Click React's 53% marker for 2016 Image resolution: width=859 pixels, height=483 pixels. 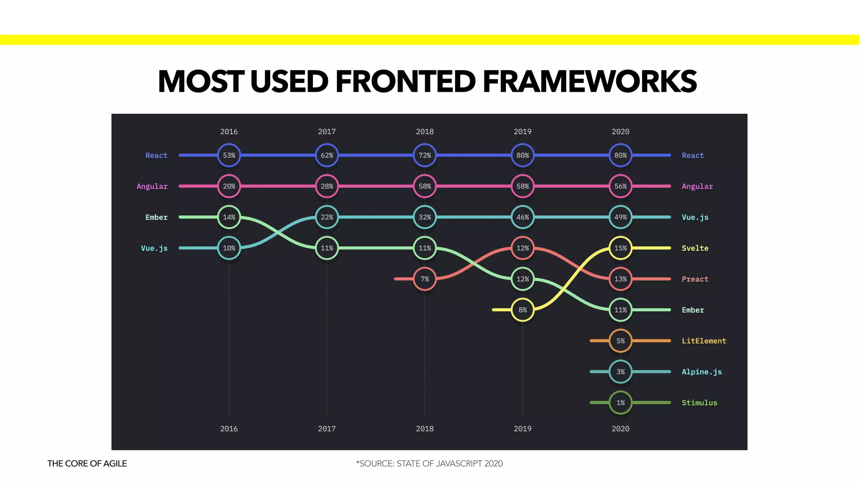click(x=229, y=155)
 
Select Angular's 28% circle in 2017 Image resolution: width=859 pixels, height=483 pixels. click(x=327, y=186)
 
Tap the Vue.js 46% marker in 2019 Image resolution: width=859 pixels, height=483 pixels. click(x=523, y=217)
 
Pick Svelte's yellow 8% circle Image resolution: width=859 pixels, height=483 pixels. click(x=523, y=310)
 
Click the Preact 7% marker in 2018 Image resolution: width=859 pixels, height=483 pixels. click(x=425, y=279)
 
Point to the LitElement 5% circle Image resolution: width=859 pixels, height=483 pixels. click(x=620, y=341)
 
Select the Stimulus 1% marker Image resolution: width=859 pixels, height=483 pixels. click(x=620, y=402)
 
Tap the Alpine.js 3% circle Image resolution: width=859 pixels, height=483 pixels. click(x=620, y=372)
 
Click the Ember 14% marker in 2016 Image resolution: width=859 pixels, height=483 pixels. click(x=229, y=217)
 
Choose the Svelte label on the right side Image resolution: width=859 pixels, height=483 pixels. click(x=695, y=248)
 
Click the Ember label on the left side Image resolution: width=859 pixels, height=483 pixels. click(x=156, y=217)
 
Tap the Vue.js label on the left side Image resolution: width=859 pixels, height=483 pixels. click(x=154, y=248)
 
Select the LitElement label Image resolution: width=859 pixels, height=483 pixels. click(x=704, y=341)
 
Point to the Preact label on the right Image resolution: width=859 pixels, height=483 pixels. click(x=695, y=279)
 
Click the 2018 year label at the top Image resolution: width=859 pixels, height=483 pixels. click(x=425, y=132)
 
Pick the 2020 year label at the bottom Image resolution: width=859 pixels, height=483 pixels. click(x=620, y=428)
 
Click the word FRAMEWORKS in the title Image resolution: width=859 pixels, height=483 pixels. click(x=589, y=81)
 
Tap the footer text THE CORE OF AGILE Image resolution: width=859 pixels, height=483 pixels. click(x=87, y=463)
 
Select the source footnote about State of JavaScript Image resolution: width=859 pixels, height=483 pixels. click(x=429, y=463)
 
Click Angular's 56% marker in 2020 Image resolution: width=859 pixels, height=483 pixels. click(x=620, y=186)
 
